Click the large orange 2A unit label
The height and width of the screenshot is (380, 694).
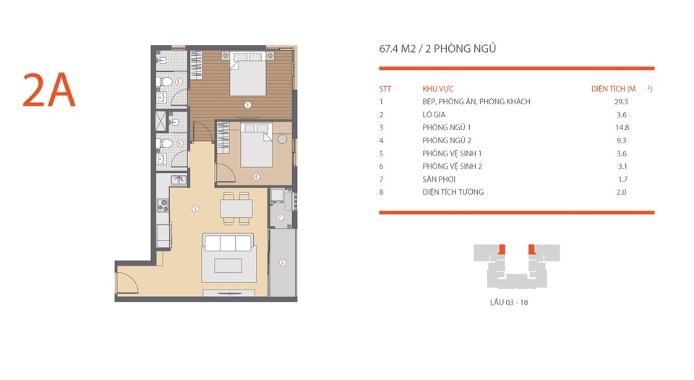[49, 90]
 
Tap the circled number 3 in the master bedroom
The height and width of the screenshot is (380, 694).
[247, 105]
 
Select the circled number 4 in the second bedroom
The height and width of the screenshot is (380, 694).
[256, 177]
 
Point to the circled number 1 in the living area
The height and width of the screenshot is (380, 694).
[195, 208]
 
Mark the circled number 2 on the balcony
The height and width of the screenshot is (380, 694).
[283, 262]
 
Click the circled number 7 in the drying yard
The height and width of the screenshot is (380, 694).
[280, 217]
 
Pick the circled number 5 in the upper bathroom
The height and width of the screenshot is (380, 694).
[179, 82]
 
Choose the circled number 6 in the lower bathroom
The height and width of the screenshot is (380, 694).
[179, 143]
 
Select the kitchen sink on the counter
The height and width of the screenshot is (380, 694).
[177, 180]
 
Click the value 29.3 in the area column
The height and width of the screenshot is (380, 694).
[621, 102]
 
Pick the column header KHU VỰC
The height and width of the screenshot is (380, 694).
[438, 88]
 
